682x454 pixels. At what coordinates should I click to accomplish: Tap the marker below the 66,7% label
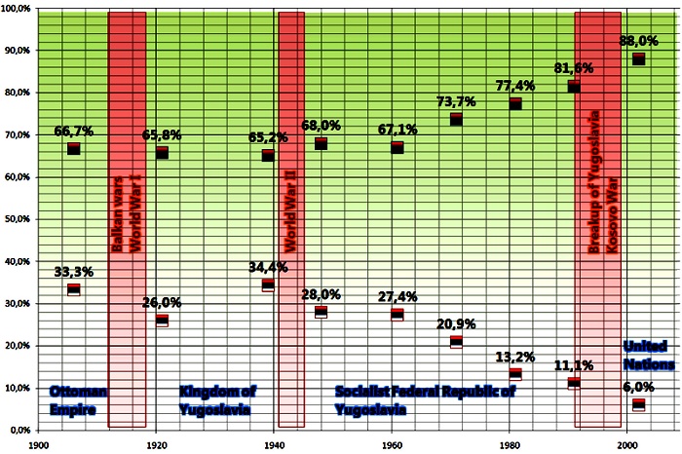[x=73, y=148]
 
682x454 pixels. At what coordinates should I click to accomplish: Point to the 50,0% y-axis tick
[x=19, y=219]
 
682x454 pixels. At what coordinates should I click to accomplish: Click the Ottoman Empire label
[x=78, y=399]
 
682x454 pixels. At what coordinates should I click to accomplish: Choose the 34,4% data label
[x=268, y=266]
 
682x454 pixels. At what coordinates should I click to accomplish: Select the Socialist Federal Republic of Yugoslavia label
[x=425, y=399]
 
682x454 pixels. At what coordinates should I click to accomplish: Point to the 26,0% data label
[x=161, y=301]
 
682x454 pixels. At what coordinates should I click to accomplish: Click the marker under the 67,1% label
[x=397, y=147]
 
